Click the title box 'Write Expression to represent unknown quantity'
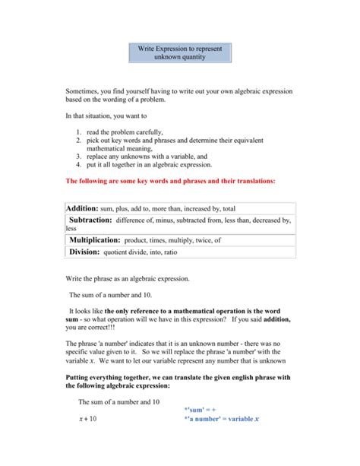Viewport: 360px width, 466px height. pos(179,52)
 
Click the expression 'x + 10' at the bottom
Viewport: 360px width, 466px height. pos(87,419)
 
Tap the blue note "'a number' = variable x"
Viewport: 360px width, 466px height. pos(221,419)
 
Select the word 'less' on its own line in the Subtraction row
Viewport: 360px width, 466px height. pos(71,228)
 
